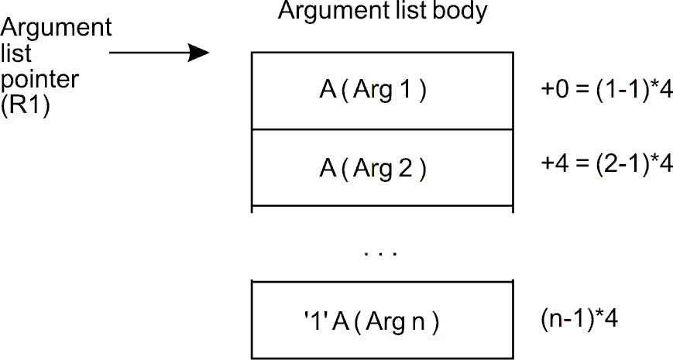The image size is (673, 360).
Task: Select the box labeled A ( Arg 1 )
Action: pyautogui.click(x=382, y=90)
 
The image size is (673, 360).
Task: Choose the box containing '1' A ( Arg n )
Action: pyautogui.click(x=382, y=320)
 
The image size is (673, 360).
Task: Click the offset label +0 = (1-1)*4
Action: pyautogui.click(x=606, y=90)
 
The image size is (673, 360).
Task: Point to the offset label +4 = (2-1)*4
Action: pyautogui.click(x=606, y=166)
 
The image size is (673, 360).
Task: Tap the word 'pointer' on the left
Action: pyautogui.click(x=32, y=81)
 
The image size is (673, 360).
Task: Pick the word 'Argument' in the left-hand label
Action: pyautogui.click(x=57, y=29)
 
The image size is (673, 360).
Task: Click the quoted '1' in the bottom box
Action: pyautogui.click(x=315, y=321)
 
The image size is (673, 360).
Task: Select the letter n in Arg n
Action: pyautogui.click(x=420, y=321)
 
